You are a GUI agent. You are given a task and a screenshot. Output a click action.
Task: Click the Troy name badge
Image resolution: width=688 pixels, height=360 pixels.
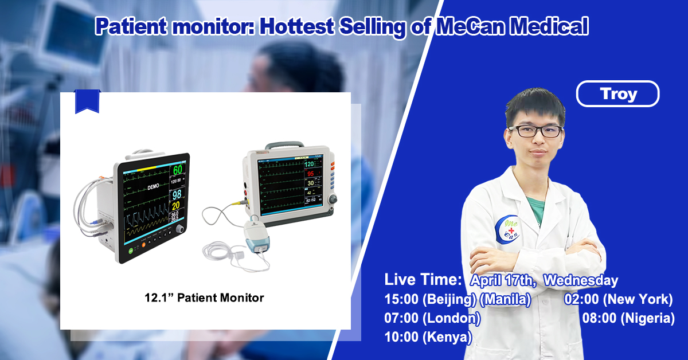pos(617,93)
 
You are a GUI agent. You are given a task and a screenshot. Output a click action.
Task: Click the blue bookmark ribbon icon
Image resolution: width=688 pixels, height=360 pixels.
pos(87,101)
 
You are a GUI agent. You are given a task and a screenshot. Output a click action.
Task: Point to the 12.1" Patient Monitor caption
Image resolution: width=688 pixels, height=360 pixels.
pos(204,298)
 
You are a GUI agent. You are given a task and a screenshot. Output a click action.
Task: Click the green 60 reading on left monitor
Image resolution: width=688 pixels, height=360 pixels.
pos(178,170)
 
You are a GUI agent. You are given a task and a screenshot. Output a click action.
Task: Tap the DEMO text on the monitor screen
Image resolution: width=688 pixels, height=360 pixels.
pos(153,187)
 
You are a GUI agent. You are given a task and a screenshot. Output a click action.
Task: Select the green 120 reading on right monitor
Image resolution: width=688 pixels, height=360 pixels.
pos(313,165)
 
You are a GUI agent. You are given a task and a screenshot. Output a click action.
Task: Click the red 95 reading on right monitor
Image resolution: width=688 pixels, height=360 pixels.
pos(311,174)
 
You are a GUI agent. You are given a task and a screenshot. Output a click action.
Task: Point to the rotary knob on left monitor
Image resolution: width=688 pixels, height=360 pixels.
pos(181,229)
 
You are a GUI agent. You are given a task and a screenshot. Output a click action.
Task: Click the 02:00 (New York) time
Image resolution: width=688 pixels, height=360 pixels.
pos(619,299)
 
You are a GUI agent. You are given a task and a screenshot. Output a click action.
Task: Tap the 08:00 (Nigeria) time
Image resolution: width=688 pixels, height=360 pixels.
pos(628,318)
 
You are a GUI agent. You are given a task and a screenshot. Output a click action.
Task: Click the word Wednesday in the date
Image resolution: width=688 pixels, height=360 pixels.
pos(581,280)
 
